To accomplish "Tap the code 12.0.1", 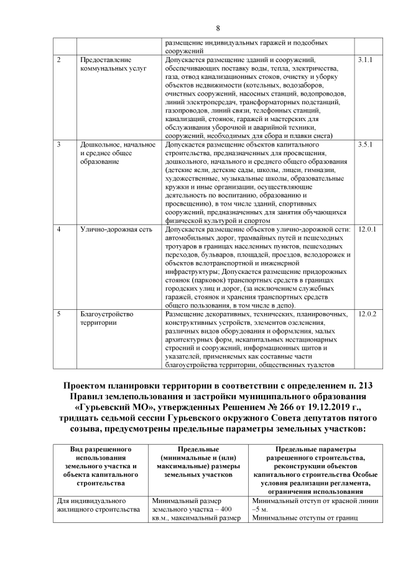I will click(368, 230).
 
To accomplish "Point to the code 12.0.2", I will click(368, 314).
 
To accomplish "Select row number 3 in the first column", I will click(58, 145).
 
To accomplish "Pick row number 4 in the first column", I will click(58, 230).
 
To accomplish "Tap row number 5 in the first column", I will click(58, 314).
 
